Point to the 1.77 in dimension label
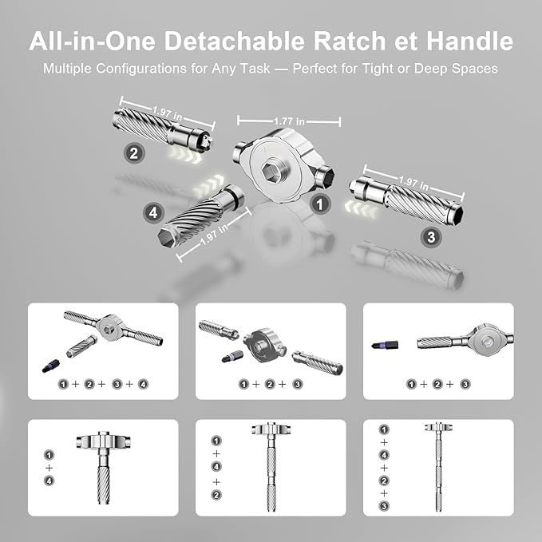point(289,121)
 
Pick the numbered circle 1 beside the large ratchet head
point(321,204)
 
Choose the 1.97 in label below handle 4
point(209,237)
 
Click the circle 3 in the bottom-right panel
point(383,507)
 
